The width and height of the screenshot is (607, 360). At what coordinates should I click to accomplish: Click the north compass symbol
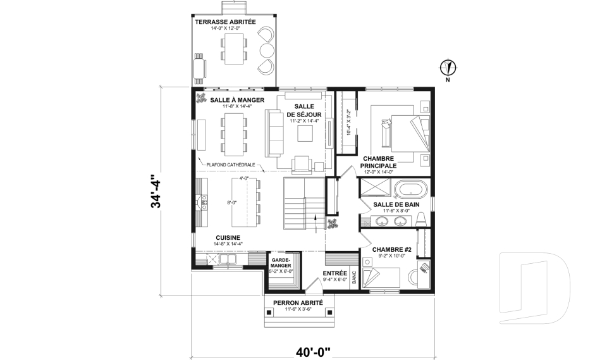click(448, 66)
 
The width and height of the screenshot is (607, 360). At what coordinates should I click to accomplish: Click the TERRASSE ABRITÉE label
click(225, 22)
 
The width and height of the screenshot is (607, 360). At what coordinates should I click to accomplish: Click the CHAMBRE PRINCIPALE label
click(378, 162)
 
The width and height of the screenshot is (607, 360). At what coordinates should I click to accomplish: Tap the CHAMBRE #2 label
click(391, 250)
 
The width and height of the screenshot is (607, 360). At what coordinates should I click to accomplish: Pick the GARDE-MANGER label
click(280, 263)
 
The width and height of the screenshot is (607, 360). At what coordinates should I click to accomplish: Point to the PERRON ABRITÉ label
click(298, 303)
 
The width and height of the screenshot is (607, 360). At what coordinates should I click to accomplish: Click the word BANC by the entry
click(354, 278)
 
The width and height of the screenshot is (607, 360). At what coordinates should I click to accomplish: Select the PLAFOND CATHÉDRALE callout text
click(231, 164)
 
